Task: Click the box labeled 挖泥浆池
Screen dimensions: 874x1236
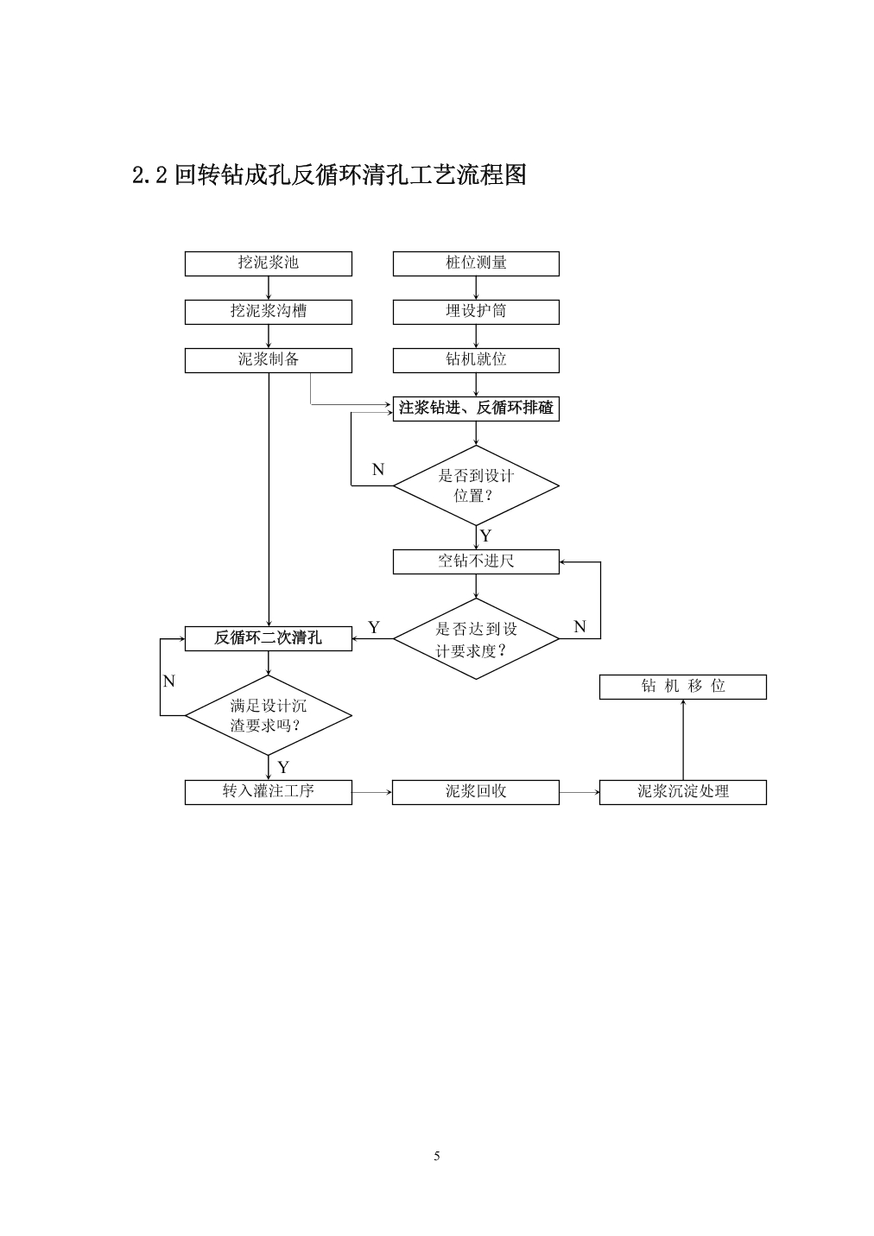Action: coord(268,263)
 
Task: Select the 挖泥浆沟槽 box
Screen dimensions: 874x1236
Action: coord(268,313)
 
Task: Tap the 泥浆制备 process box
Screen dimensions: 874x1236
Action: coord(268,360)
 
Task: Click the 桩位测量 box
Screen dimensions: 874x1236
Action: coord(476,263)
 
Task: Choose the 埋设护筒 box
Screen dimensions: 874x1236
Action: coord(476,313)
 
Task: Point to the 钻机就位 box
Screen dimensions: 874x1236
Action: coord(476,360)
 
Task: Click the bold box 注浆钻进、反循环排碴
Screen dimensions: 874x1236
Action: coord(476,409)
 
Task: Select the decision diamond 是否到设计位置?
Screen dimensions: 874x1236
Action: coord(476,485)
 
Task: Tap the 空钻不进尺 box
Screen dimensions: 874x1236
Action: coord(476,561)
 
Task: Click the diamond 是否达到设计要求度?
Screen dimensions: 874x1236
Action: coord(476,639)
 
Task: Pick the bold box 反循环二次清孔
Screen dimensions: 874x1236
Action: coord(268,638)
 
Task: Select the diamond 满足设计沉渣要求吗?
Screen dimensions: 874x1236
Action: coord(268,716)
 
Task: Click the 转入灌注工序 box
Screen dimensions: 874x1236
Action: coord(268,792)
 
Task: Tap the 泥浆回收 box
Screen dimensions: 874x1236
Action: coord(476,792)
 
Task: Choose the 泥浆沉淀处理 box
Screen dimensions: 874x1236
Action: coord(683,792)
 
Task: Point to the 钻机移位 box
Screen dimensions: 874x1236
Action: coord(683,687)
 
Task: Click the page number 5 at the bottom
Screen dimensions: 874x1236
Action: coord(437,1156)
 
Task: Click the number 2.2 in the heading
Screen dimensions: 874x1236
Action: coord(149,175)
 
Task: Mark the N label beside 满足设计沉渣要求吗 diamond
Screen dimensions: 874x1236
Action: coord(169,681)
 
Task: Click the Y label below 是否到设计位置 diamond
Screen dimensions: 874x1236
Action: coord(485,536)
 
